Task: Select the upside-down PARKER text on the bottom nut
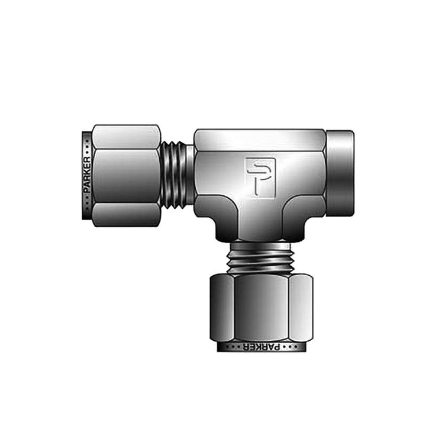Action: (x=260, y=347)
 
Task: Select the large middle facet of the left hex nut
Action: (x=125, y=176)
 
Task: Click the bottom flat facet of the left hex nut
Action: (x=125, y=214)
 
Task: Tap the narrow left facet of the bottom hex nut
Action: (x=222, y=308)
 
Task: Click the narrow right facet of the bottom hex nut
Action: (x=299, y=308)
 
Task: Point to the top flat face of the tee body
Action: (x=259, y=140)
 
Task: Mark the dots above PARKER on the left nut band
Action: (x=87, y=146)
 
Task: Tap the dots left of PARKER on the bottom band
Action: (x=231, y=347)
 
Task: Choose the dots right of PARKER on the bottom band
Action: (x=289, y=347)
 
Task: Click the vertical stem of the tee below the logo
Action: (x=260, y=219)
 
